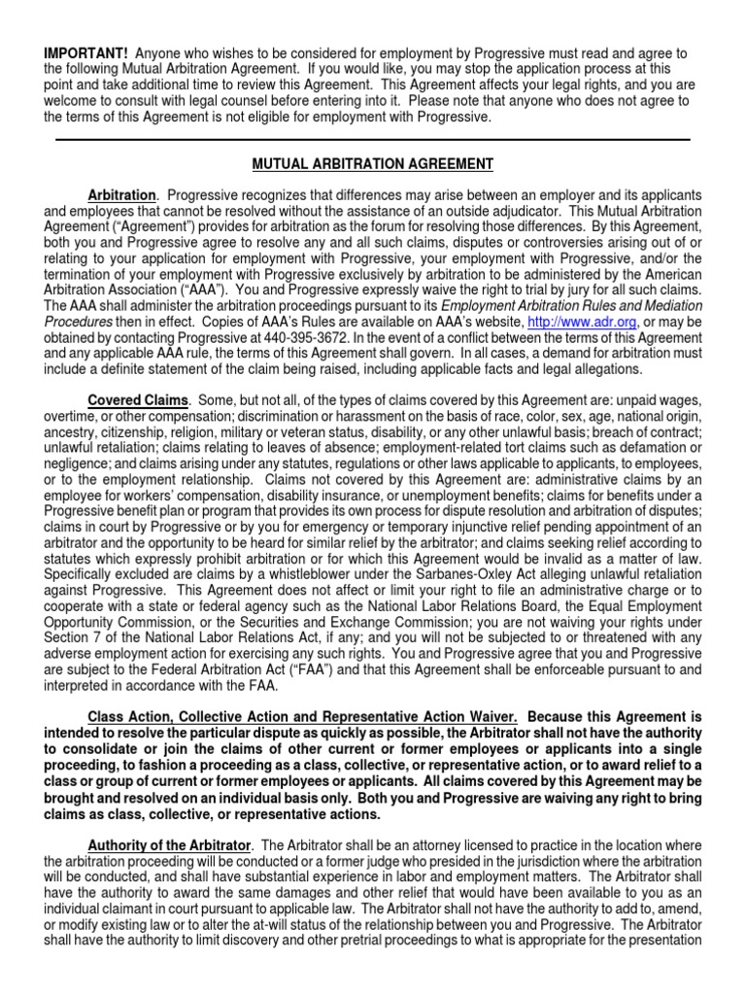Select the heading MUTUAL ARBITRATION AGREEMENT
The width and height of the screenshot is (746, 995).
[373, 163]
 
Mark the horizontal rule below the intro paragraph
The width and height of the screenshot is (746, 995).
[373, 140]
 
